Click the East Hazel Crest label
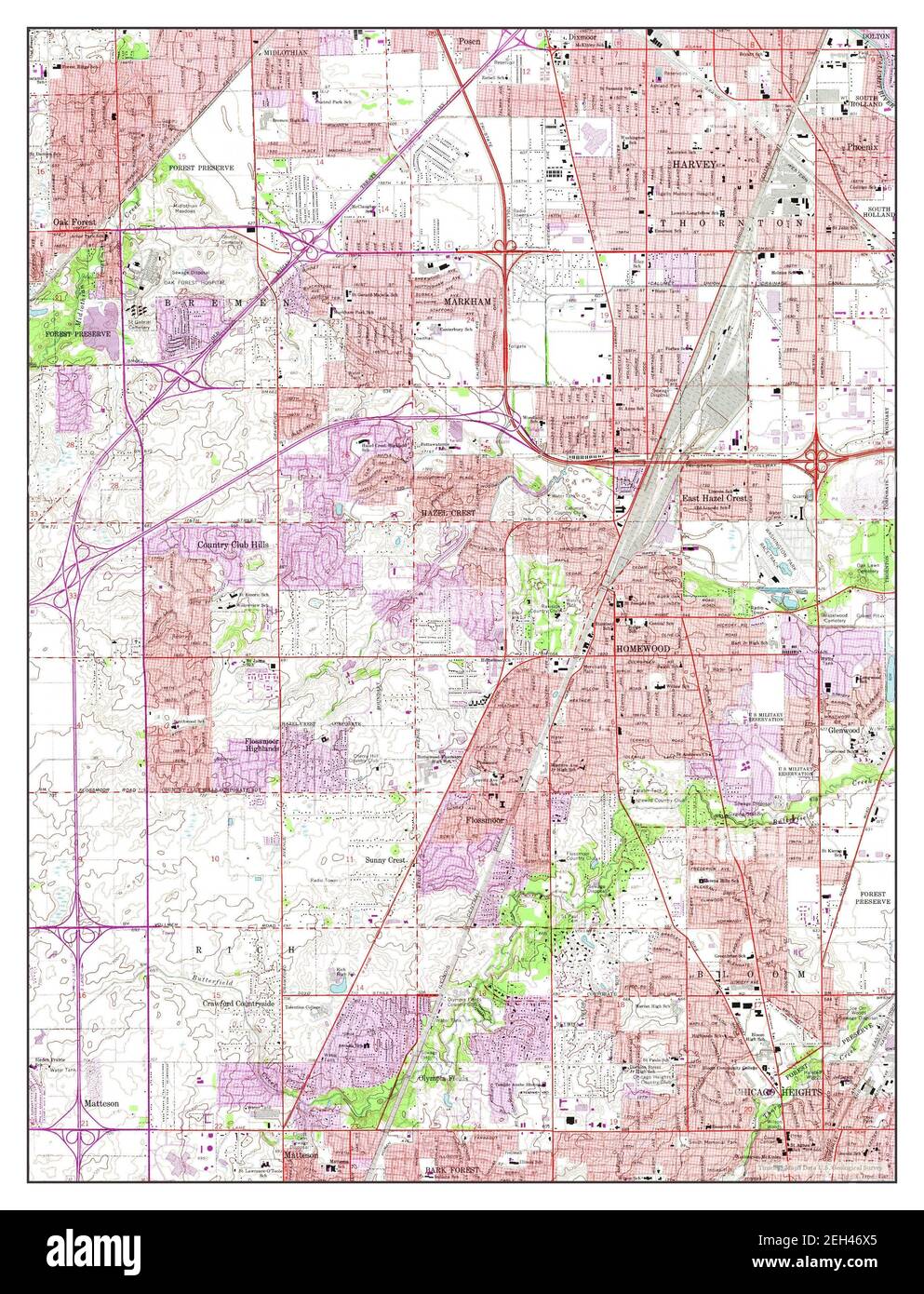[715, 499]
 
